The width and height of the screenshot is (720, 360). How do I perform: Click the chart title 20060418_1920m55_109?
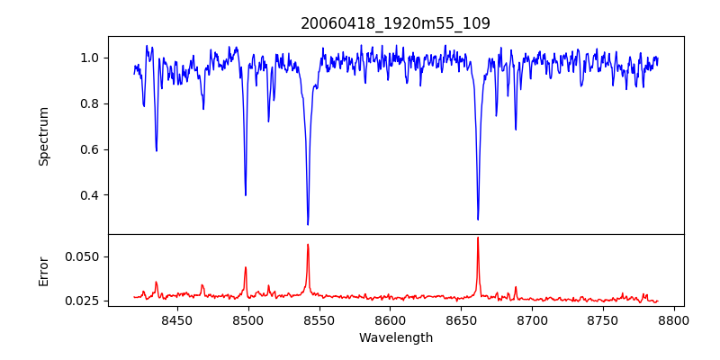coord(395,23)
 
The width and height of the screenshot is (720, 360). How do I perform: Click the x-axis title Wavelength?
coord(395,337)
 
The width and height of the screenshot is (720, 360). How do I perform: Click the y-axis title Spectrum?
coord(43,136)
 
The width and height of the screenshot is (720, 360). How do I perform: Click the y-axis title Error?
coord(43,270)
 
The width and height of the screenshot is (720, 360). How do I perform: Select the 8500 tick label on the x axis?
coord(247,319)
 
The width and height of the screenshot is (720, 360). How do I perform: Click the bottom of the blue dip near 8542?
coord(308,224)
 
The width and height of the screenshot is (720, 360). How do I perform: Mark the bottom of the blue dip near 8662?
coord(478,219)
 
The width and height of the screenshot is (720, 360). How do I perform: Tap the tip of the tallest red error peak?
coord(478,238)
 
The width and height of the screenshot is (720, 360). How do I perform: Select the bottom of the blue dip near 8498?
coord(246,195)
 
